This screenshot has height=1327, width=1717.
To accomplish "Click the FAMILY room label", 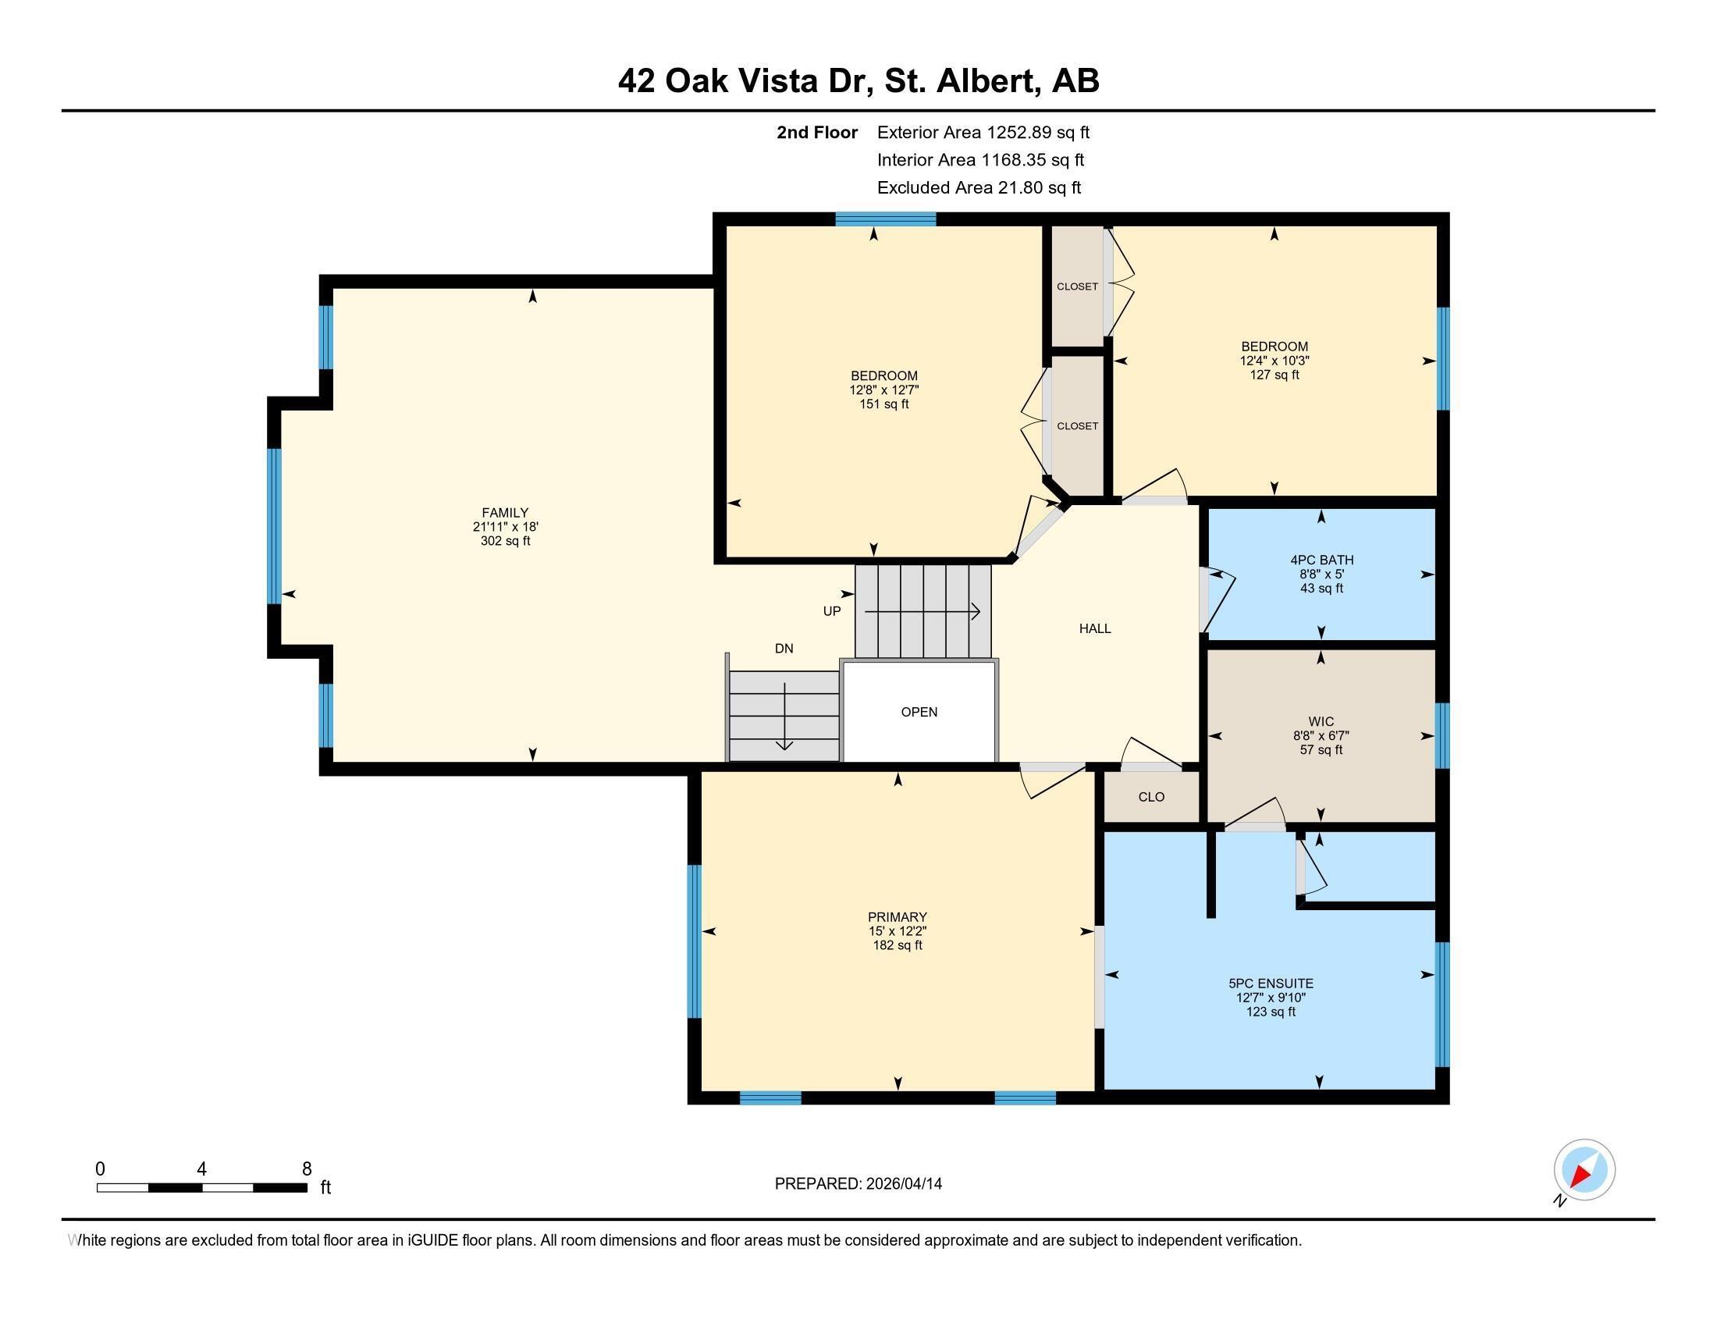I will pos(505,513).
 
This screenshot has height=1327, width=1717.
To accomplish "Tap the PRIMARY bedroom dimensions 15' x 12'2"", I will pos(897,930).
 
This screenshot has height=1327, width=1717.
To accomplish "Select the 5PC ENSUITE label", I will pos(1271,983).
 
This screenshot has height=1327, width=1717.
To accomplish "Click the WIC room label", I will pos(1321,722).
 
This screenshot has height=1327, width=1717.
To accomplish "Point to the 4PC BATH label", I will pos(1321,560).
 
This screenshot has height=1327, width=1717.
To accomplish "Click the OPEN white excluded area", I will pos(919,712).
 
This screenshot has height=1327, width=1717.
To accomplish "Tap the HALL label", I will pos(1094,628).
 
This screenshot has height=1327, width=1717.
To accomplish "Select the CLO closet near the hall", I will pos(1151,797).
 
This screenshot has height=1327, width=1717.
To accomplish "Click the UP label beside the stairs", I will pos(832,611).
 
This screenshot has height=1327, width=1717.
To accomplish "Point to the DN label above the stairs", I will pos(784,649).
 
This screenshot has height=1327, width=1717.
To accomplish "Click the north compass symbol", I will pos(1584,1170).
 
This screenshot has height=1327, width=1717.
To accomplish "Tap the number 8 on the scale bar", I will pos(307,1169).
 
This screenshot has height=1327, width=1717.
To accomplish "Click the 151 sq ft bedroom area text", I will pos(883,404).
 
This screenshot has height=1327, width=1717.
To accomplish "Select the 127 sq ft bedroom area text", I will pos(1274,375).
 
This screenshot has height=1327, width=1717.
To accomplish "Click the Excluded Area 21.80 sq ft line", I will pos(979,188).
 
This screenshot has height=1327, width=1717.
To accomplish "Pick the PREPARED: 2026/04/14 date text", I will pos(858,1184).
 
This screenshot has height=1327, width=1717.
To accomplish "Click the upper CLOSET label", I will pos(1077,287).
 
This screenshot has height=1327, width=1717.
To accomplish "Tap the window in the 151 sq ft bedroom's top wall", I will pos(885,219).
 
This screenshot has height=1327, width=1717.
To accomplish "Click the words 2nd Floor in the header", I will pos(817,133).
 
